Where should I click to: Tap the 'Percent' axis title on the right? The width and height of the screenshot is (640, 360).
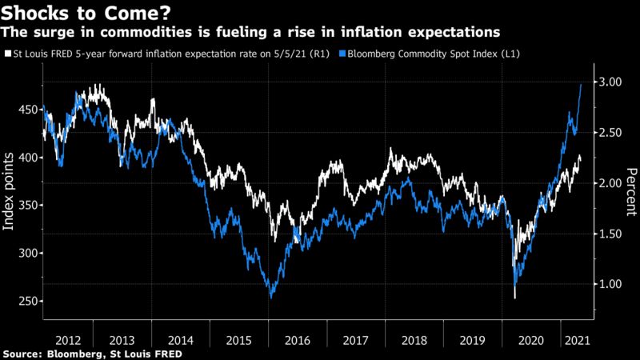(x=630, y=192)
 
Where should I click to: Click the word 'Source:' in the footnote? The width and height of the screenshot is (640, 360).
(x=24, y=353)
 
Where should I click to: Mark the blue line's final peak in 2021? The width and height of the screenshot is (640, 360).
(x=580, y=84)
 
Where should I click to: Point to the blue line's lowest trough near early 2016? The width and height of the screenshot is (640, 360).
(x=270, y=298)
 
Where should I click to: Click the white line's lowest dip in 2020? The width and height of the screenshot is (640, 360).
(x=514, y=298)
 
